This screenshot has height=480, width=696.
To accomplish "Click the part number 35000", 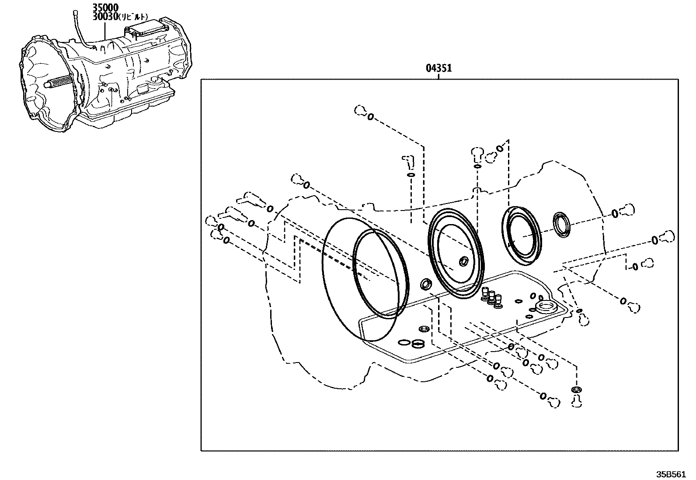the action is click(105, 7).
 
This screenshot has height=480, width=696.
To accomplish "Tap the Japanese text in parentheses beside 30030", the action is click(133, 17).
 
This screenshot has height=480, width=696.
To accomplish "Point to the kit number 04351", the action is click(438, 68).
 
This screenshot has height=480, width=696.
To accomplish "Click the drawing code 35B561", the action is click(671, 474).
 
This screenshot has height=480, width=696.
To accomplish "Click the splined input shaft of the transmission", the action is click(59, 82).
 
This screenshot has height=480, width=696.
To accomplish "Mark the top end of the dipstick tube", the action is click(75, 12).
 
